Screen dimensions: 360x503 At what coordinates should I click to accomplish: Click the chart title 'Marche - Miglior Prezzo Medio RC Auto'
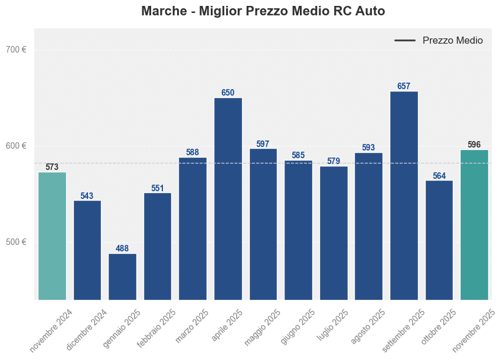click(263, 11)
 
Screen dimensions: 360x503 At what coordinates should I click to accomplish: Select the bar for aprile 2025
click(228, 198)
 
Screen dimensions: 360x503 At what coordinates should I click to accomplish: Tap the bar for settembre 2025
click(404, 195)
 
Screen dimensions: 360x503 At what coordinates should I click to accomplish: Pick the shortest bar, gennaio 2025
click(122, 276)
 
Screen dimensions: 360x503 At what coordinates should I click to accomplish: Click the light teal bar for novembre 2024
click(52, 236)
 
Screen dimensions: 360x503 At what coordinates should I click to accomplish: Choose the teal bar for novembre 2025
click(474, 225)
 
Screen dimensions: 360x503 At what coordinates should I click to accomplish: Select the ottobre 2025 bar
click(439, 240)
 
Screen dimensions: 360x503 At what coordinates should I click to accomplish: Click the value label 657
click(404, 86)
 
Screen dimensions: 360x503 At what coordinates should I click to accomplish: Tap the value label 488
click(122, 248)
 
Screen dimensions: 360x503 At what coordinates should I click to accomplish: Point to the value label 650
click(228, 93)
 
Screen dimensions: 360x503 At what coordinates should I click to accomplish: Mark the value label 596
click(474, 145)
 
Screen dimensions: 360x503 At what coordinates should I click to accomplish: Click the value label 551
click(158, 188)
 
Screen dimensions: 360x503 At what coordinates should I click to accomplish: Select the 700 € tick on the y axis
click(16, 50)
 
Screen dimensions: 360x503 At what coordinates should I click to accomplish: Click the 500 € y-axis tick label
click(16, 242)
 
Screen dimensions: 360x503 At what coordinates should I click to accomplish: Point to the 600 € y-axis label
click(16, 146)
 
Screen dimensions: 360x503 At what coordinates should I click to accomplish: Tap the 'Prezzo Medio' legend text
click(452, 41)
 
